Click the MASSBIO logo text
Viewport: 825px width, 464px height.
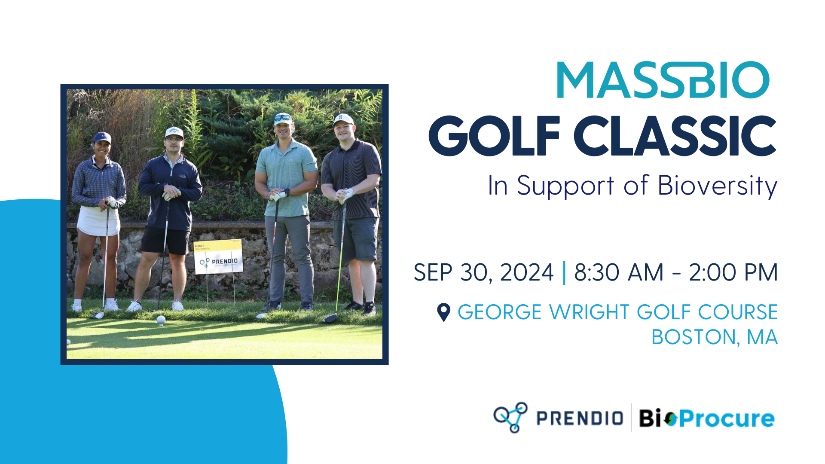pos(663,80)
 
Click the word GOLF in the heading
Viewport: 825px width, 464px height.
pos(494,136)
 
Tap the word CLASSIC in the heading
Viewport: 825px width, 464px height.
pos(675,136)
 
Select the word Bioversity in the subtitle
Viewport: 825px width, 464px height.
pos(718,186)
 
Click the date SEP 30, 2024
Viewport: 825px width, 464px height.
pos(483,272)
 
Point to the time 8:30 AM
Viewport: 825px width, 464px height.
pos(619,272)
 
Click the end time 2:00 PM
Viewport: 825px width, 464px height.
pos(733,272)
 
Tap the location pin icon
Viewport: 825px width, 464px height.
pos(443,312)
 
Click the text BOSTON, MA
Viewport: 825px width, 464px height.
pos(714,337)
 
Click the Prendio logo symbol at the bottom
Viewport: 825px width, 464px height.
pos(510,417)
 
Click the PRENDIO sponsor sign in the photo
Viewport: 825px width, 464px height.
pos(218,257)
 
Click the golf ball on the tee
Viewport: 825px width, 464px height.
pos(161,319)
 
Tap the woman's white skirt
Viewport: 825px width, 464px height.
pos(98,221)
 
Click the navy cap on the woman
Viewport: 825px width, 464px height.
pos(102,137)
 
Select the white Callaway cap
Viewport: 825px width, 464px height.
pos(174,132)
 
